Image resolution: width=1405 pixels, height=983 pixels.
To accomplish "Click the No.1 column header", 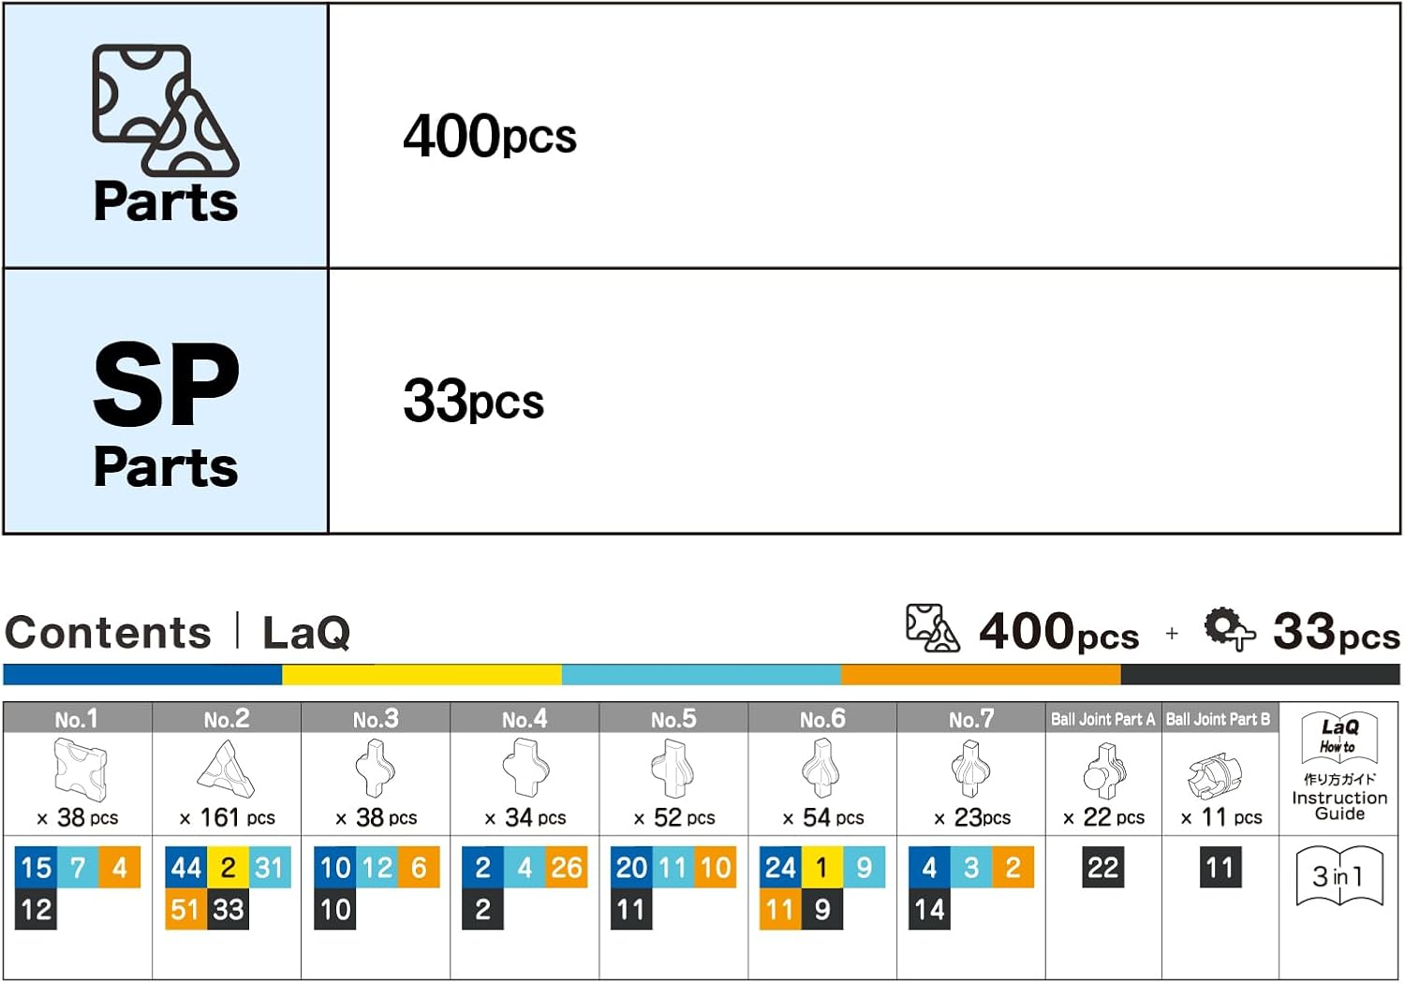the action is click(x=77, y=718).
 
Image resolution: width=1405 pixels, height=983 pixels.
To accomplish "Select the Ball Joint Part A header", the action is click(x=1103, y=718).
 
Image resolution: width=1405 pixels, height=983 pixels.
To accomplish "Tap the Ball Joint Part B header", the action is click(x=1219, y=718).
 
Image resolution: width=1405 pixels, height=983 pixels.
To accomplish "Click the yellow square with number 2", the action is click(x=228, y=867).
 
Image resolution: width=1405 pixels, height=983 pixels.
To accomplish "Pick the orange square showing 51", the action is click(x=185, y=909).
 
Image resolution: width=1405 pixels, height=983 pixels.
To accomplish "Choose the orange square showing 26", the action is click(x=567, y=867).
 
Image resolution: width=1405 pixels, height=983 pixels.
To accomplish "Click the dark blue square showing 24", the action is click(x=780, y=867).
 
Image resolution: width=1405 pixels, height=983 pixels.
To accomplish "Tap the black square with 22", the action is click(x=1103, y=867).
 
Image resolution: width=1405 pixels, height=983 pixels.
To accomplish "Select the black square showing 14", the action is click(x=929, y=909).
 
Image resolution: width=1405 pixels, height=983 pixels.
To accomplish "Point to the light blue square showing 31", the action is click(x=270, y=867).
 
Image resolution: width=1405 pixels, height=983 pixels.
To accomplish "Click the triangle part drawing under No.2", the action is click(x=226, y=769).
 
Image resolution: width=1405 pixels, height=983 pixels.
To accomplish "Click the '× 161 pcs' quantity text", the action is click(x=227, y=817).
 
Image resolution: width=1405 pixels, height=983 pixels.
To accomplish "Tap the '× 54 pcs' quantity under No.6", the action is click(x=823, y=817).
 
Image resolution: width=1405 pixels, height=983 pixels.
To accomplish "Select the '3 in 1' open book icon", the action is click(x=1339, y=876).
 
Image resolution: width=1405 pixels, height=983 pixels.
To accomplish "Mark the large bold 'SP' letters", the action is click(x=166, y=384).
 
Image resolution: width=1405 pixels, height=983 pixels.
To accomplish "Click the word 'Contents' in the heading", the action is click(x=108, y=632).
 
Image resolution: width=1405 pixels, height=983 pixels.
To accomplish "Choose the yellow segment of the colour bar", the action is click(x=421, y=675).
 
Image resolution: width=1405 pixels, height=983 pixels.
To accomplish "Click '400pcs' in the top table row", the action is click(x=489, y=136).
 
